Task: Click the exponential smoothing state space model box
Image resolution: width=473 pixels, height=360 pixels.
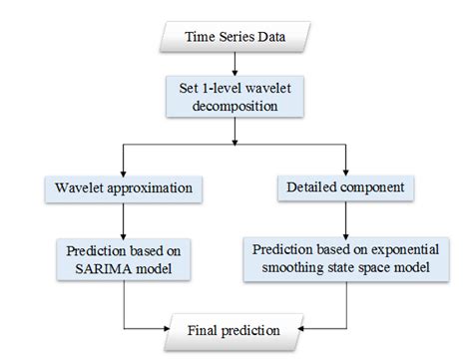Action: pos(344,257)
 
